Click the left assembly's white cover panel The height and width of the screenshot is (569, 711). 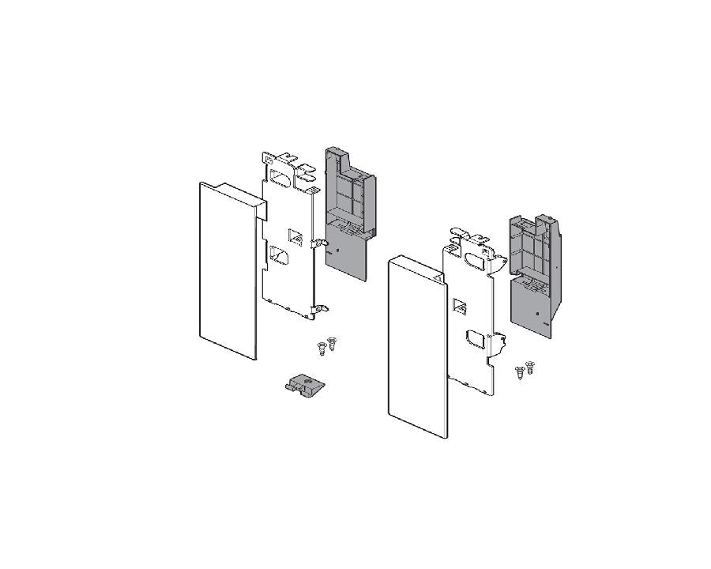228,277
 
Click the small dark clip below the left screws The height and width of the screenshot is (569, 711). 305,386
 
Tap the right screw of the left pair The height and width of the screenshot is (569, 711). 331,343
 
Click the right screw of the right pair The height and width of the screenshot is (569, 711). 529,367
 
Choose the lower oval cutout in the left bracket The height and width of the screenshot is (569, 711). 280,255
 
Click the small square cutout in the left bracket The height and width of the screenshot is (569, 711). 295,236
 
